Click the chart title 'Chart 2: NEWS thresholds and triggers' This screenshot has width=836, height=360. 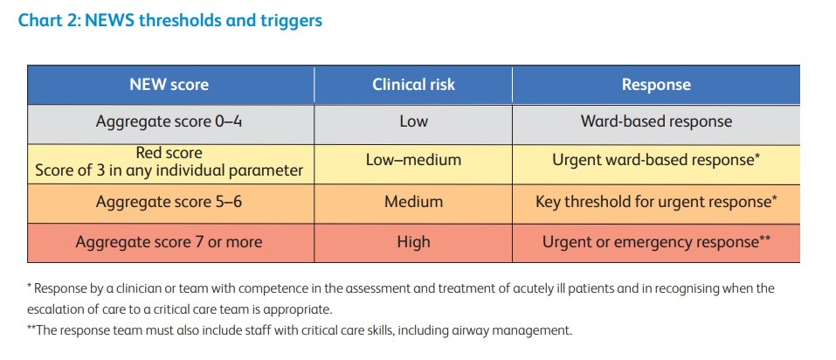click(170, 20)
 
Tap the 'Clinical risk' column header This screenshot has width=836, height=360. click(413, 85)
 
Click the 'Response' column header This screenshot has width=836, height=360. click(656, 85)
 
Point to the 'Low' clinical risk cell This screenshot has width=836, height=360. click(413, 121)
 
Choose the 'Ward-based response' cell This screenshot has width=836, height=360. click(656, 121)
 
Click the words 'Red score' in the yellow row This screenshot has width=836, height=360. click(169, 153)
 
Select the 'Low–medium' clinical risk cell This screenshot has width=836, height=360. click(413, 161)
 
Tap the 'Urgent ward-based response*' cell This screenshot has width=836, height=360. click(656, 161)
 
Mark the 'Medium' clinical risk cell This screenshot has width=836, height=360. click(413, 202)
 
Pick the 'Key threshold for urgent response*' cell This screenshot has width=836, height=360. click(656, 202)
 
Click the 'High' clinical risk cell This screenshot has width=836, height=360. click(413, 242)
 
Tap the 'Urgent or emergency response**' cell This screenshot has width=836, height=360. click(656, 242)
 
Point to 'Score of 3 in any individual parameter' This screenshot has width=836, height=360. click(169, 170)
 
